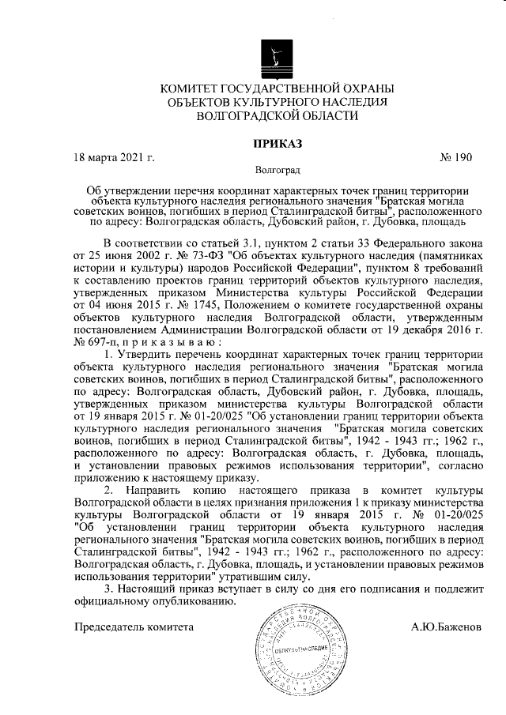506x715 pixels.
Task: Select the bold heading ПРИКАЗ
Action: pyautogui.click(x=277, y=143)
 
